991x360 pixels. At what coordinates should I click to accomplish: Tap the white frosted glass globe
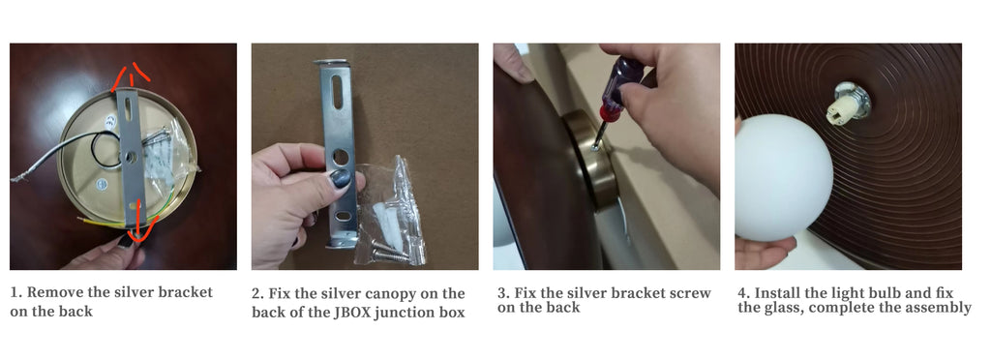pos(782,177)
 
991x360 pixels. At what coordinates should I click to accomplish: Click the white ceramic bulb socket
pos(844,105)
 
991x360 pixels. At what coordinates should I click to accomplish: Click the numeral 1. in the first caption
pos(16,292)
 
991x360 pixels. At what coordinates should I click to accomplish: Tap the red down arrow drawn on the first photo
pos(135,219)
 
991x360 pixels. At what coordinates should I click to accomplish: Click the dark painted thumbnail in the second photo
pos(342,179)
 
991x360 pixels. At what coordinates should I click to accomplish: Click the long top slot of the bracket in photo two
pos(338,92)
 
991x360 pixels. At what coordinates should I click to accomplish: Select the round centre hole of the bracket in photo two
pos(341,157)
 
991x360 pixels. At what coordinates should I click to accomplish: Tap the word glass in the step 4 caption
pos(781,308)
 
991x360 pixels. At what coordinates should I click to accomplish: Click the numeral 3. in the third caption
pos(502,293)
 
